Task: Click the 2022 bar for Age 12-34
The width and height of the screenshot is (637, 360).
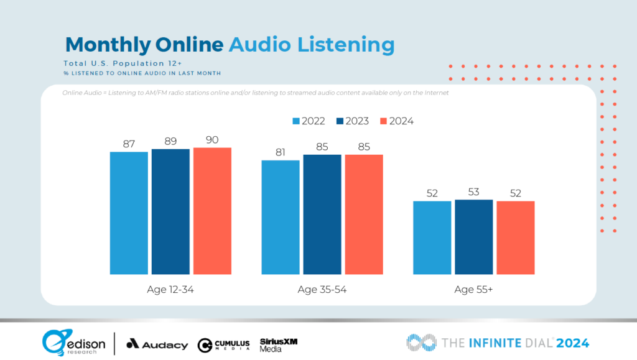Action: tap(129, 213)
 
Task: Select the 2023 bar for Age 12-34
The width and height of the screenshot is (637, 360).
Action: tap(170, 211)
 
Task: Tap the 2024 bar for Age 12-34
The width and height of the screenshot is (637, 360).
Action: tap(212, 211)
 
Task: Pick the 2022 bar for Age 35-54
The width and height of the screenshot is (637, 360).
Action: tap(281, 217)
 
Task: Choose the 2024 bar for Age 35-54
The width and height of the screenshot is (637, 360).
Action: tap(364, 215)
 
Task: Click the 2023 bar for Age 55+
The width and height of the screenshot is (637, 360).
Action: tap(474, 237)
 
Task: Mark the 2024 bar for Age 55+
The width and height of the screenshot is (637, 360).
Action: tap(516, 238)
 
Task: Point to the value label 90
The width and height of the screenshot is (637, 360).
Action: tap(212, 140)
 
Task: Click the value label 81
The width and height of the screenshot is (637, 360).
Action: tap(281, 152)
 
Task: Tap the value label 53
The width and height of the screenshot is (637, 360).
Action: tap(474, 192)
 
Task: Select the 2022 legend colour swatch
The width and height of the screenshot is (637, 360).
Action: tap(295, 121)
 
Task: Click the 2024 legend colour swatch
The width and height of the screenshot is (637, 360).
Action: tap(383, 121)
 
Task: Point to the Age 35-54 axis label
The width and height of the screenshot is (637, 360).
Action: tap(322, 289)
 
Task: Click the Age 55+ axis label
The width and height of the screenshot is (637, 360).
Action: tap(474, 289)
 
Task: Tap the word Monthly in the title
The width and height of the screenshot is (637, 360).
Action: tap(108, 45)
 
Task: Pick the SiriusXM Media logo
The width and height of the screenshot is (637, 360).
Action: tap(276, 344)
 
